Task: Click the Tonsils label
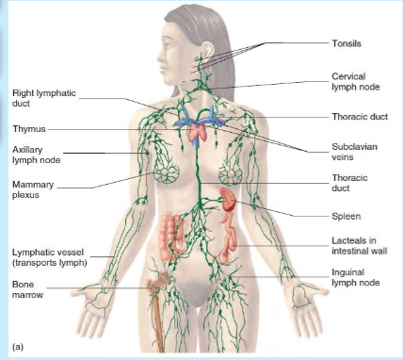pos(347,43)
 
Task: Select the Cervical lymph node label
pos(356,82)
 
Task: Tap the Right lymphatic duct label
pos(44,98)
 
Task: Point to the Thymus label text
pos(29,129)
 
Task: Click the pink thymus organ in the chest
pos(197,133)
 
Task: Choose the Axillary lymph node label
pos(36,155)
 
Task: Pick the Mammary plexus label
pos(33,189)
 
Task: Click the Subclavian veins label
pos(354,152)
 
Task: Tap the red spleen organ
pos(228,199)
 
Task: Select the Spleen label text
pos(347,216)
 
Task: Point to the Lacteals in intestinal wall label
pos(360,246)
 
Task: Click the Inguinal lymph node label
pos(356,277)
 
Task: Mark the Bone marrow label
pos(27,289)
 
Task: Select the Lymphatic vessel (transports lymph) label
pos(49,257)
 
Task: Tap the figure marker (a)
pos(18,347)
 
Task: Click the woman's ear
pos(207,50)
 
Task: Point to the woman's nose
pos(161,57)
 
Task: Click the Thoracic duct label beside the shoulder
pos(360,117)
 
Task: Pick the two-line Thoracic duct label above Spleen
pos(349,183)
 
